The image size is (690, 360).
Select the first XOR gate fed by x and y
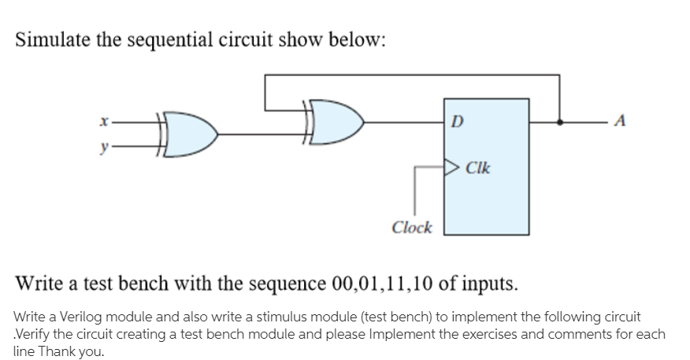(x=185, y=133)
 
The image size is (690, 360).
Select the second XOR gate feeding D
(x=330, y=123)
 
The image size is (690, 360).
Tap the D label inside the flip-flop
(x=458, y=122)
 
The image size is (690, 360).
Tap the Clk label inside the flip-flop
(x=478, y=167)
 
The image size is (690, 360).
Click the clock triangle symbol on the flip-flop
(x=451, y=167)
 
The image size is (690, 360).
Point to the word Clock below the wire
(x=412, y=228)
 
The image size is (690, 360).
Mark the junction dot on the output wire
(x=560, y=123)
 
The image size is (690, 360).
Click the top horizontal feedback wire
(x=410, y=76)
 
